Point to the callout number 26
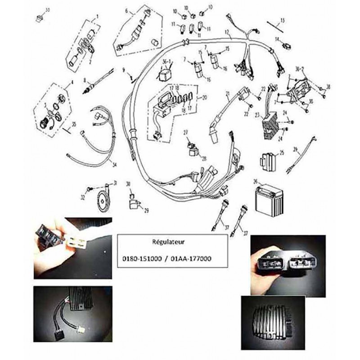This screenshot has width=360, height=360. pos(256,182)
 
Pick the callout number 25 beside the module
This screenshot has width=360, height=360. pos(282,153)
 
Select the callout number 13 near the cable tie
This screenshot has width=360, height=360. pos(283,20)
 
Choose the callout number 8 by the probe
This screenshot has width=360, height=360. pos(84,80)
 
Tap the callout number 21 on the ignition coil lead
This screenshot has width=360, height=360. pos(228,94)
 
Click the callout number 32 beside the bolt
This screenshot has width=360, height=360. pos(83,197)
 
